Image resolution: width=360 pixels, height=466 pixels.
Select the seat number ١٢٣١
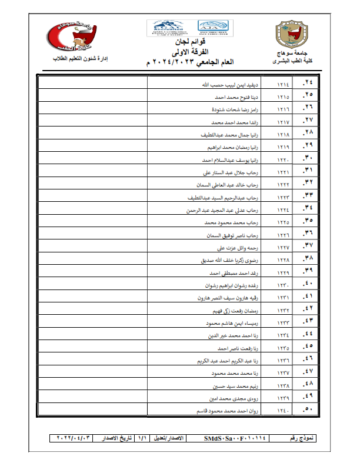click(283, 298)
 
